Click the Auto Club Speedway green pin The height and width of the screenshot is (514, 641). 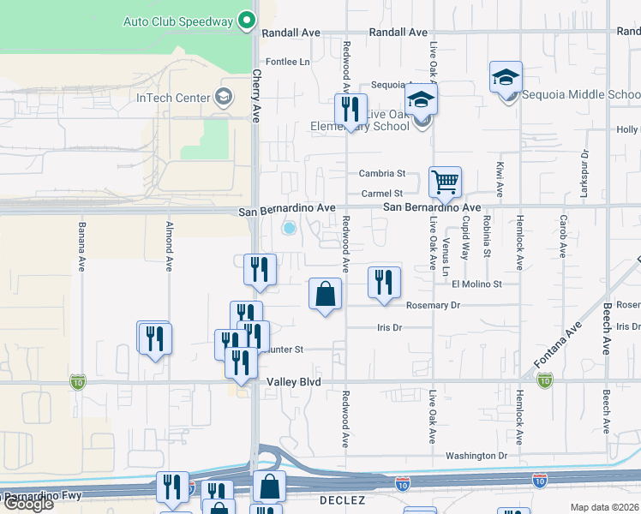point(247,20)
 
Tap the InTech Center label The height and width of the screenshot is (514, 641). point(173,98)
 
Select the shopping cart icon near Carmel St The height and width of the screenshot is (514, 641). point(445,182)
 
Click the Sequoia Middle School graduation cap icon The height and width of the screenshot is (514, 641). point(506,77)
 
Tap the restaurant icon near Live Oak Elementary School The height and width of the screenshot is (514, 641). point(350,110)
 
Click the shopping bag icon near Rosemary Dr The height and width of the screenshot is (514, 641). point(325,294)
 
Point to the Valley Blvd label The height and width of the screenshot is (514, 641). point(293,382)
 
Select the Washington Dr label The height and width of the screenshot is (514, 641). point(482,456)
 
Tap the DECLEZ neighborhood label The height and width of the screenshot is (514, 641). point(343,499)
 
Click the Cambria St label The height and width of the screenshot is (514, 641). point(381,174)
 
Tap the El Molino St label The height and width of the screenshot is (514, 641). point(476,284)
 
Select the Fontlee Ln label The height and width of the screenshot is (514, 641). point(287,62)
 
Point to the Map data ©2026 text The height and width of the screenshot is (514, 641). point(605,507)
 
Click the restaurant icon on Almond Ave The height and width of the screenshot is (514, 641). point(154,338)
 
